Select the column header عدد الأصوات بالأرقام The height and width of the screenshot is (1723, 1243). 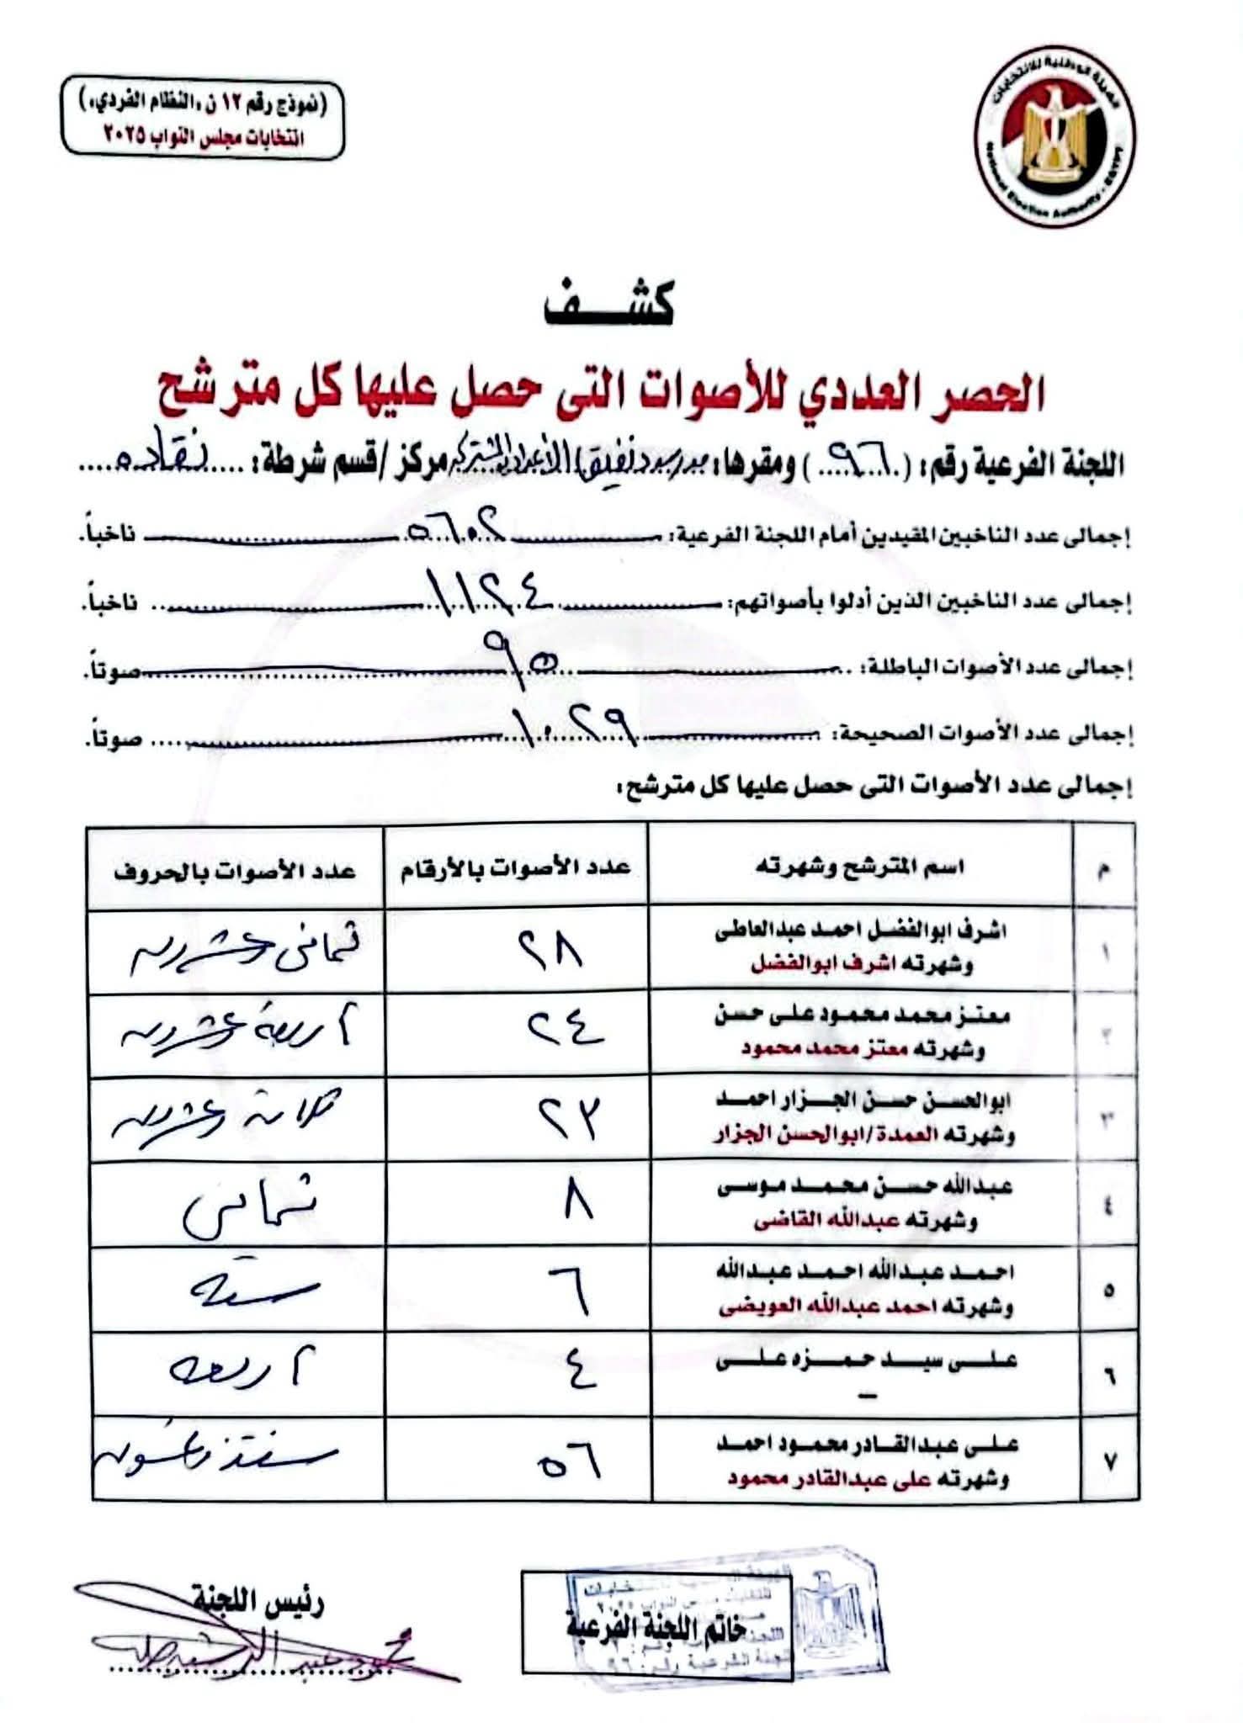click(x=516, y=867)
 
